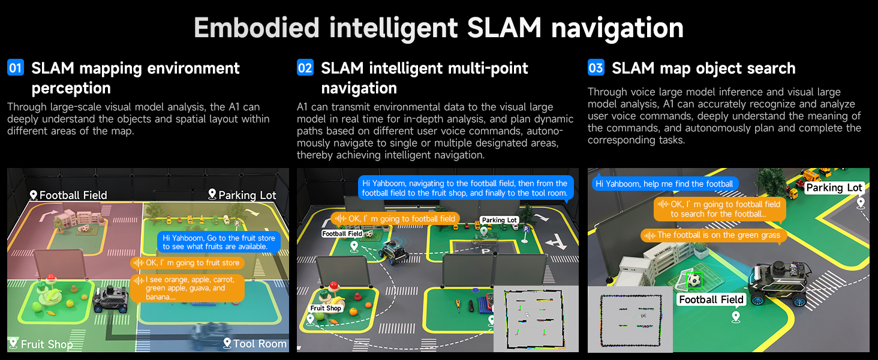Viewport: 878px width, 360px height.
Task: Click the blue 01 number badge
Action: point(15,68)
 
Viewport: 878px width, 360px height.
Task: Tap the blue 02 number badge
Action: point(305,68)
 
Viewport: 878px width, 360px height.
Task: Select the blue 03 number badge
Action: point(596,68)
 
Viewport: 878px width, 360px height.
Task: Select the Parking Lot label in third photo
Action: point(834,188)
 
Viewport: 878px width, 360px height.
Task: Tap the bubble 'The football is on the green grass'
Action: point(714,235)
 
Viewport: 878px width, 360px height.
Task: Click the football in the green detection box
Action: point(694,280)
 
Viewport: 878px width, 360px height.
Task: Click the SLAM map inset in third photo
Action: point(630,319)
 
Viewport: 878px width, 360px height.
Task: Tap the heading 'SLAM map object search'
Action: point(703,68)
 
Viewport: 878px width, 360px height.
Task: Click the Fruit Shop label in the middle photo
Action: point(326,308)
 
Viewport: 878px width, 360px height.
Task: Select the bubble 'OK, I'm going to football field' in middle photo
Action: point(396,219)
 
